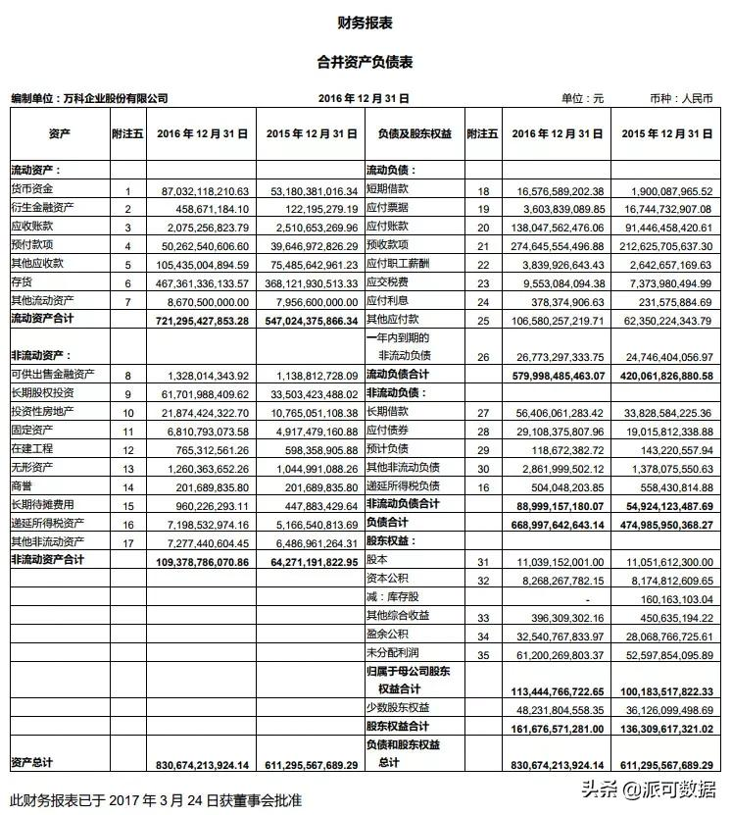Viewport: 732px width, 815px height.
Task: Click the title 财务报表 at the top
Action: (x=366, y=23)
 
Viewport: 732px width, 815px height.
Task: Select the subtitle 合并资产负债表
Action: (x=366, y=62)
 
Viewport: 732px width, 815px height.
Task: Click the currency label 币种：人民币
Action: (x=681, y=98)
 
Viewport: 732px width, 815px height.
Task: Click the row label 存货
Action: (x=22, y=281)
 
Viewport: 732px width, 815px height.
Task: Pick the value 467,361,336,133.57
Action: (x=200, y=282)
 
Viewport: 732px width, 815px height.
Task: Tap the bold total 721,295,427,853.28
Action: (x=200, y=320)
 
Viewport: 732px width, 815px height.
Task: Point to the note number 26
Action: (x=482, y=357)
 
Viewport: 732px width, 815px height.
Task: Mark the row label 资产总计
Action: (x=32, y=763)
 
